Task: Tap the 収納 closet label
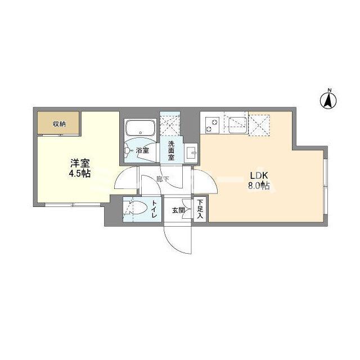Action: pos(59,124)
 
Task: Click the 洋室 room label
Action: pos(80,163)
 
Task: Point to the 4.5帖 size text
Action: pos(80,173)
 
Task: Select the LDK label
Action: pos(256,174)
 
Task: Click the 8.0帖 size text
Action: pos(258,185)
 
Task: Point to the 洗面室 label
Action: pos(170,151)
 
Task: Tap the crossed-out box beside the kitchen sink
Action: pos(259,123)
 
